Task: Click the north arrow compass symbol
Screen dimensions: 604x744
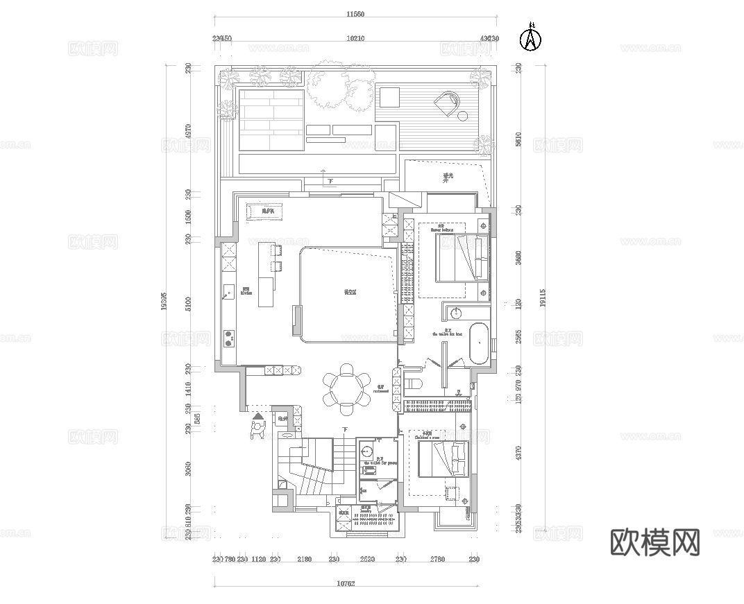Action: [x=530, y=38]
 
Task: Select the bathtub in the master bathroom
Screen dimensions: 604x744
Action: [x=480, y=343]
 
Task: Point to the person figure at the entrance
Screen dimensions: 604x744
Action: [x=258, y=429]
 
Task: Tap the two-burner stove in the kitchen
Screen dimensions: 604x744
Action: [x=228, y=338]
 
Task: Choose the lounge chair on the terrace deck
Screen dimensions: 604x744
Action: [x=448, y=103]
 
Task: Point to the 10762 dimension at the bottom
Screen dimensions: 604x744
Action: [x=345, y=584]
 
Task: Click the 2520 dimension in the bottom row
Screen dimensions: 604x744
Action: [x=367, y=559]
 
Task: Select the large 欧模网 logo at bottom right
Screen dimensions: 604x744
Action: [x=654, y=542]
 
